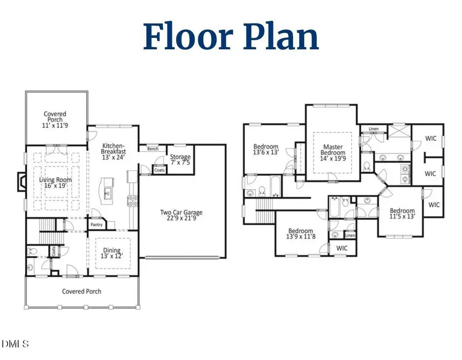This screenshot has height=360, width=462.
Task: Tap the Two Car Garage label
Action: (181, 215)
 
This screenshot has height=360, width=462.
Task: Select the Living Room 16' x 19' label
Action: (55, 183)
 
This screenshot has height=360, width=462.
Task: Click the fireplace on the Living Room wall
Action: (21, 182)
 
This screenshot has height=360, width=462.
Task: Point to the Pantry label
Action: (97, 225)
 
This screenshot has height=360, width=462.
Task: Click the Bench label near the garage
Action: (152, 149)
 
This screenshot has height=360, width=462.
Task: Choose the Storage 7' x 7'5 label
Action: (180, 159)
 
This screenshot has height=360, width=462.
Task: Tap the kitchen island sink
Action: (108, 193)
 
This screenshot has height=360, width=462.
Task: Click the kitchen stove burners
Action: (132, 201)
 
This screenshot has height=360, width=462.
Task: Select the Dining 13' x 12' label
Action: (111, 253)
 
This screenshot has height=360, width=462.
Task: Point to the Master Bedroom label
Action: (333, 152)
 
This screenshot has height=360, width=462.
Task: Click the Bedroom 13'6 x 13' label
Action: (266, 149)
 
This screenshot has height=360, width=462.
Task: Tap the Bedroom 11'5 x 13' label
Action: (402, 213)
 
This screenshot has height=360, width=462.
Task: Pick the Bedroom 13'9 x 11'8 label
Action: (300, 233)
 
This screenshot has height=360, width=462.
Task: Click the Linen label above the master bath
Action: (373, 129)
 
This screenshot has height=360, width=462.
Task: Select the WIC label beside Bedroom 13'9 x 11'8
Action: (342, 248)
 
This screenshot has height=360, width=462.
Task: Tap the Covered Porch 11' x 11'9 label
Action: (55, 119)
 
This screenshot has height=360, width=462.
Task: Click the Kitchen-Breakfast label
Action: (113, 151)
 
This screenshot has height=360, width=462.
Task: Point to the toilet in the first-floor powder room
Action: (32, 251)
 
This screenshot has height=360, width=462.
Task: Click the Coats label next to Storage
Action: (160, 170)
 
